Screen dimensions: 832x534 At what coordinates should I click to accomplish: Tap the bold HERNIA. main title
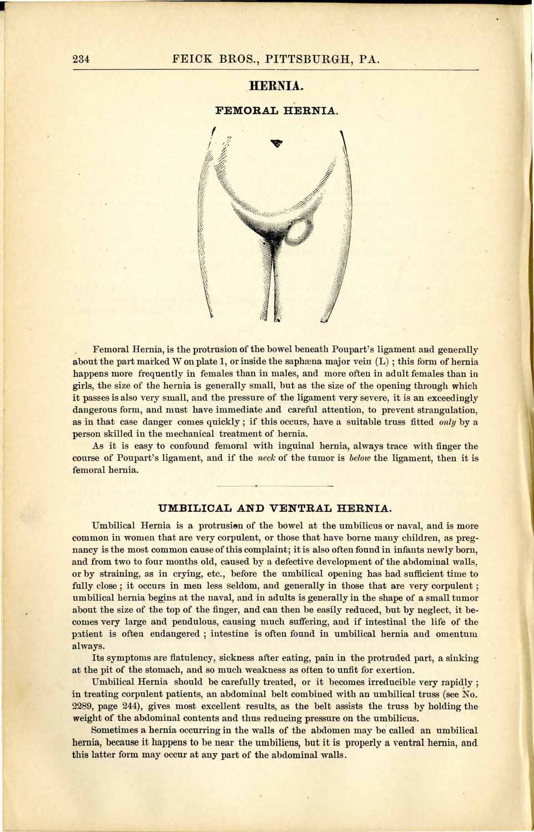point(275,87)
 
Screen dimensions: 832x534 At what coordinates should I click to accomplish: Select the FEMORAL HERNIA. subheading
point(276,110)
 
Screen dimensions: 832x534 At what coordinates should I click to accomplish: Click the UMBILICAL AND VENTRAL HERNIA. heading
point(275,508)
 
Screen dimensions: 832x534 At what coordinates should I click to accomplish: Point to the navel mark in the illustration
point(276,143)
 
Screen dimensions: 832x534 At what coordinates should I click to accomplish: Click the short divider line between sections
point(275,486)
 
